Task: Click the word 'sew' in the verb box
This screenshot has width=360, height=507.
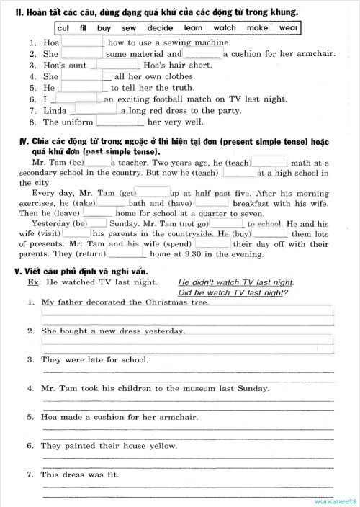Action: pyautogui.click(x=128, y=28)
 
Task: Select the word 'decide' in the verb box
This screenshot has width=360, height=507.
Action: pyautogui.click(x=160, y=28)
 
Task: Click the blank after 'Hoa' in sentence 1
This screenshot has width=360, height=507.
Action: pyautogui.click(x=83, y=42)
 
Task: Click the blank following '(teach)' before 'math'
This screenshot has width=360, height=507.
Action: pyautogui.click(x=270, y=162)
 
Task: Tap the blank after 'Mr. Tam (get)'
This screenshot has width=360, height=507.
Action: pyautogui.click(x=153, y=192)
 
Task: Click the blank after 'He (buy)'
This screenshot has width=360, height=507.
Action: pyautogui.click(x=271, y=233)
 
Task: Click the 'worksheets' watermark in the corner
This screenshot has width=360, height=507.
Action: pyautogui.click(x=334, y=500)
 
